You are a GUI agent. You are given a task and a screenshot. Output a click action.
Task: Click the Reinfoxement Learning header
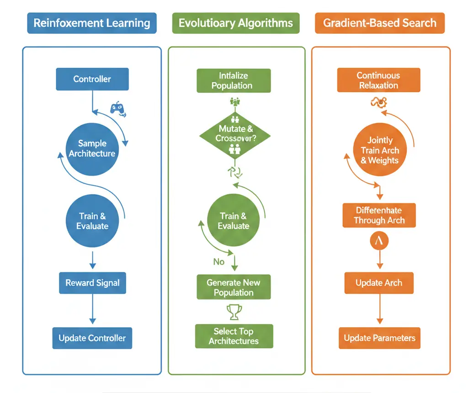point(92,23)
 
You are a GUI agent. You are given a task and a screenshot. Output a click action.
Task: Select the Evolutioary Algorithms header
point(235,23)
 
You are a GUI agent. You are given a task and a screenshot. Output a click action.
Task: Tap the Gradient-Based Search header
point(379,23)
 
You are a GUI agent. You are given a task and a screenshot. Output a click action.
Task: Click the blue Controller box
point(92,79)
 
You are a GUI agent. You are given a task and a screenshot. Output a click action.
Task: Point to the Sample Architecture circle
point(92,149)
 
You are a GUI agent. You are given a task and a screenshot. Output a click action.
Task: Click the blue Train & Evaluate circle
point(92,221)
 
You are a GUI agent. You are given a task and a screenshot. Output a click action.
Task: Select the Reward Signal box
point(92,283)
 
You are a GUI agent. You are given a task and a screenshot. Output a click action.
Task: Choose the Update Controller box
point(92,338)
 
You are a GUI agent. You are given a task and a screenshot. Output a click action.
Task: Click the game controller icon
point(118,108)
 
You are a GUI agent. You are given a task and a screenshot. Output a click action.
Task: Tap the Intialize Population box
point(234,81)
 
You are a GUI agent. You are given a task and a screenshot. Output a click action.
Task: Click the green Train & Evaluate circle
point(234,221)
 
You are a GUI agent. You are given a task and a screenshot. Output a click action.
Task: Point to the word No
point(219,262)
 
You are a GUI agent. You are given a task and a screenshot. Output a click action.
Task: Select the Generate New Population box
point(234,287)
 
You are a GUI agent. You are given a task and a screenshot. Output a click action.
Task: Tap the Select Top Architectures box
point(234,336)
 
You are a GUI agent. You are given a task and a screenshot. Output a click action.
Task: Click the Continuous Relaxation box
point(378,80)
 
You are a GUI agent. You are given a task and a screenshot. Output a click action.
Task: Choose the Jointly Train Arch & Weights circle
point(379,150)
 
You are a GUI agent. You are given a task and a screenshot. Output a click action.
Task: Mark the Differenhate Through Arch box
point(379,215)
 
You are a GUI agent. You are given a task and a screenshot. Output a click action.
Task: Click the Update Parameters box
point(379,338)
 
